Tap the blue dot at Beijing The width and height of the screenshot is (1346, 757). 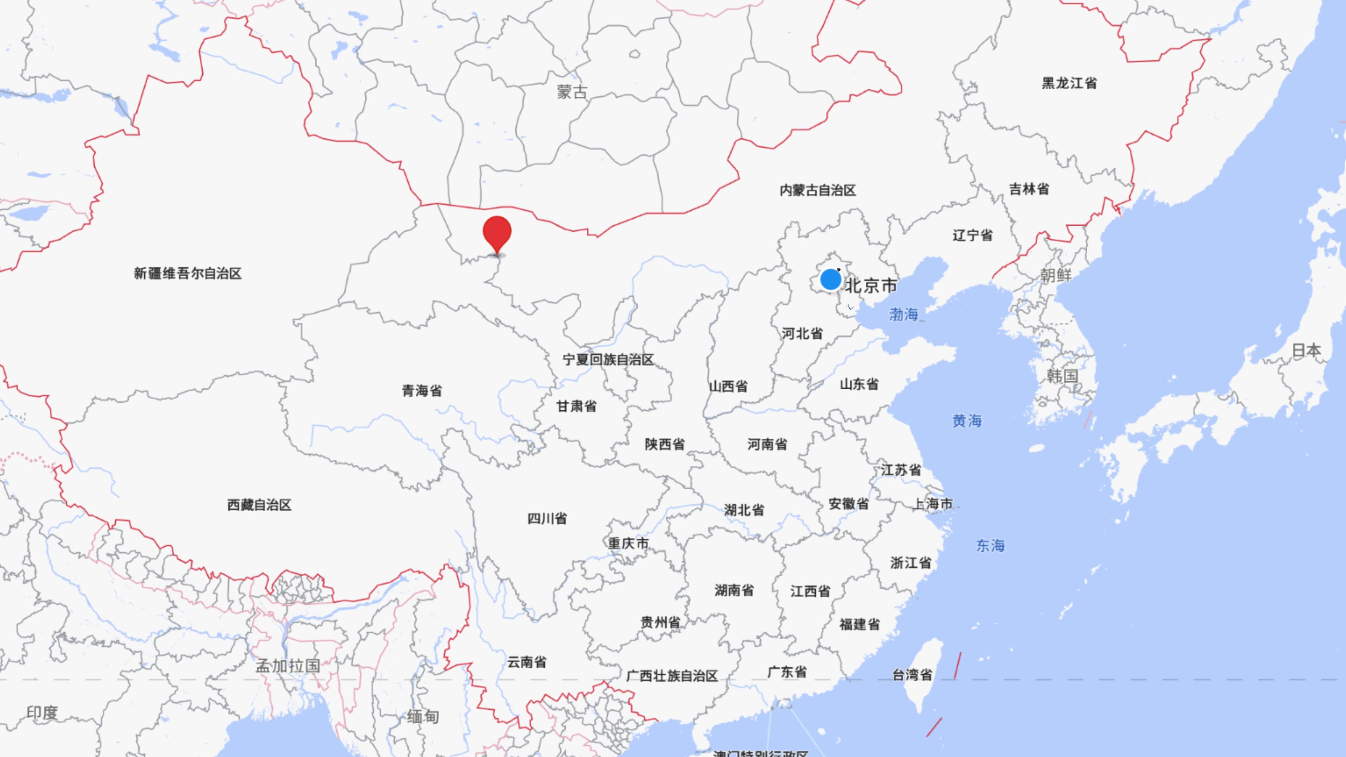pos(830,280)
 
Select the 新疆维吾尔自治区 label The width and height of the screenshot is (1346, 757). pos(188,273)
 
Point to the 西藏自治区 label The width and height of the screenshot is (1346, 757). pos(259,505)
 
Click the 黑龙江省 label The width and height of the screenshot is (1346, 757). pos(1069,83)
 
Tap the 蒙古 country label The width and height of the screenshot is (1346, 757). pos(572,93)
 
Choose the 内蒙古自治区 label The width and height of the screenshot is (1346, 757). pos(817,190)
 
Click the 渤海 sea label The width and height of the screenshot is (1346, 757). pos(903,314)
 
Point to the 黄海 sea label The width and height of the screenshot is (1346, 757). pos(967,421)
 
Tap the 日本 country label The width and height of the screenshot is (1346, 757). pos(1306,350)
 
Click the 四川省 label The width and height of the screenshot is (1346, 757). pos(546,518)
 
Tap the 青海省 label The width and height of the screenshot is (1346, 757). pos(422,390)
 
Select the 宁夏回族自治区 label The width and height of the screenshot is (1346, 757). pos(608,360)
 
